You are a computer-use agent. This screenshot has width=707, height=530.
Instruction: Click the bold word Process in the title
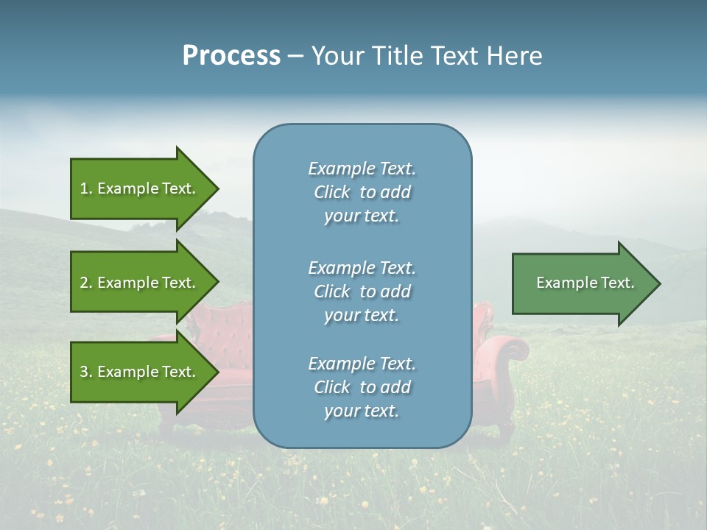pos(231,56)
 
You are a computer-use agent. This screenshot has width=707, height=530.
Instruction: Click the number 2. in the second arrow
pos(86,283)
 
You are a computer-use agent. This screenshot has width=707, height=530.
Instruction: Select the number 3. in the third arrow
pos(86,372)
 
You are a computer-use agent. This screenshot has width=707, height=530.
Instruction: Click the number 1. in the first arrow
pos(86,188)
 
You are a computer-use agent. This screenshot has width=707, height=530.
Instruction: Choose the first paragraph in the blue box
pos(362,192)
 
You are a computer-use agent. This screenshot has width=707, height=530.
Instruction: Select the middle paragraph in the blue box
pos(362,291)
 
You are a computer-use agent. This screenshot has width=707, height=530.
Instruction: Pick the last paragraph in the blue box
pos(362,387)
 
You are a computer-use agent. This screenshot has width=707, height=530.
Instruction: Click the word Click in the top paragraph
pos(332,192)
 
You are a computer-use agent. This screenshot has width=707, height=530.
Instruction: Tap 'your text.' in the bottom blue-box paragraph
pos(362,411)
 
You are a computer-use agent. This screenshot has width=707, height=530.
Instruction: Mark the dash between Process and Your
pos(295,57)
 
